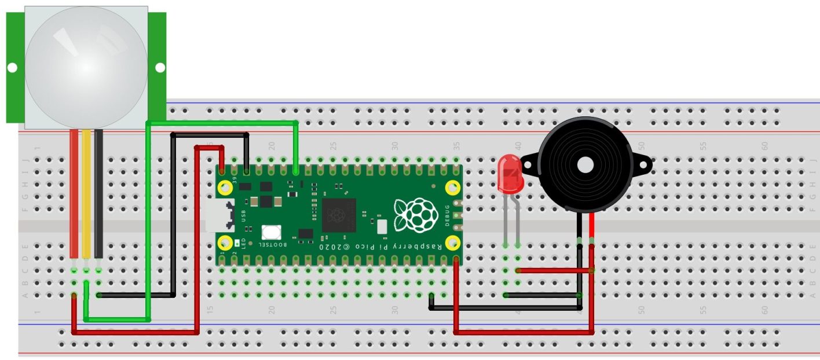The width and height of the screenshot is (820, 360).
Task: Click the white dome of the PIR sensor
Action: pyautogui.click(x=86, y=67)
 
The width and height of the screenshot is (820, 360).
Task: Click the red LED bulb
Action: pyautogui.click(x=510, y=174)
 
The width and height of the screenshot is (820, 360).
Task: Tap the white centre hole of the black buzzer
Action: pyautogui.click(x=585, y=165)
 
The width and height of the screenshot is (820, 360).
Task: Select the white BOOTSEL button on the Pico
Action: pyautogui.click(x=271, y=233)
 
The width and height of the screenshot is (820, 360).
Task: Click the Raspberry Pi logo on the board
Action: pyautogui.click(x=416, y=215)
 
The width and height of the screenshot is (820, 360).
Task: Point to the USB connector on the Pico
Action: pyautogui.click(x=222, y=215)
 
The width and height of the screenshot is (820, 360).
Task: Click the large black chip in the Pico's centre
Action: pyautogui.click(x=338, y=215)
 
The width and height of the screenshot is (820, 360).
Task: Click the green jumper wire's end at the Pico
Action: pyautogui.click(x=296, y=171)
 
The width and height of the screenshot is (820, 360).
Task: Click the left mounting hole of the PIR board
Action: pyautogui.click(x=12, y=68)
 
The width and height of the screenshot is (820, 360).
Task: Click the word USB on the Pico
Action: pyautogui.click(x=244, y=216)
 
